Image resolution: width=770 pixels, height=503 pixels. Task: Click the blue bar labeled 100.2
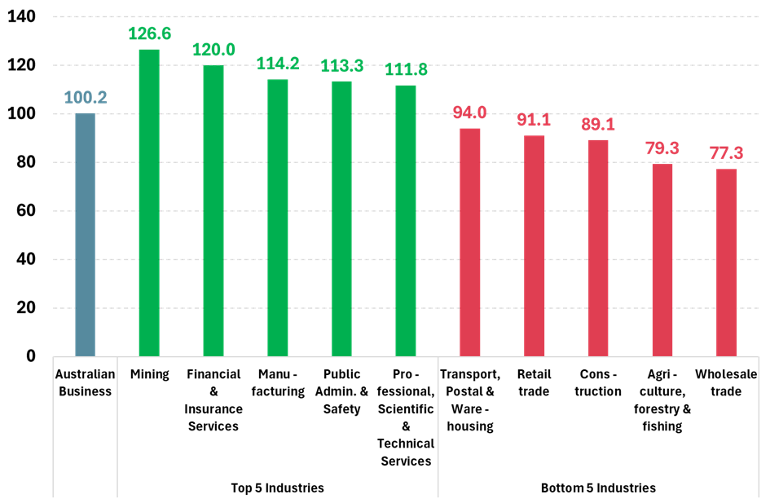(x=85, y=235)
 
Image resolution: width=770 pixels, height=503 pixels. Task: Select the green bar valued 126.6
(x=149, y=203)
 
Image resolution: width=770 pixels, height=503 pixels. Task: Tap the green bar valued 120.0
(x=213, y=211)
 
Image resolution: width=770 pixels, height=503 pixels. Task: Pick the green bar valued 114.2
(x=278, y=218)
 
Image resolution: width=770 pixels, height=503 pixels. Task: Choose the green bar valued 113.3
(x=341, y=218)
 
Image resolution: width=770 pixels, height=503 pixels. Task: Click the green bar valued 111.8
(x=406, y=221)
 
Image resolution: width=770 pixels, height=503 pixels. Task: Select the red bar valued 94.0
(x=470, y=242)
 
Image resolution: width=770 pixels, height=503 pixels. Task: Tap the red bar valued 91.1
(x=535, y=246)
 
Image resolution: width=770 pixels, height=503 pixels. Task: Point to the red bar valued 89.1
(x=598, y=248)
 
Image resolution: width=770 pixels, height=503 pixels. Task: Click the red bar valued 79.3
(x=662, y=260)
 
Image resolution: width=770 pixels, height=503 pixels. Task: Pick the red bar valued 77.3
(x=727, y=263)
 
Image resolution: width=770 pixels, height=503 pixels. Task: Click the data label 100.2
(x=86, y=98)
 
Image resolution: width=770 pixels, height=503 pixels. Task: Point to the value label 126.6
(x=149, y=33)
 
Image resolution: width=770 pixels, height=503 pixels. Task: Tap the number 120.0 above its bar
(x=213, y=50)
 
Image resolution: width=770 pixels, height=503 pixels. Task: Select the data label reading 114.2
(x=278, y=64)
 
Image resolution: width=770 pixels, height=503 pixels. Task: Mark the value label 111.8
(x=406, y=70)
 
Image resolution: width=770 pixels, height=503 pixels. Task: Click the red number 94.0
(x=470, y=113)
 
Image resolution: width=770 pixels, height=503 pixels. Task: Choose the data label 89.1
(x=598, y=125)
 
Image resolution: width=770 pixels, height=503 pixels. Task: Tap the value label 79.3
(x=662, y=148)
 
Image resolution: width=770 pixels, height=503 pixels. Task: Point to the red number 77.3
(x=727, y=153)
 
